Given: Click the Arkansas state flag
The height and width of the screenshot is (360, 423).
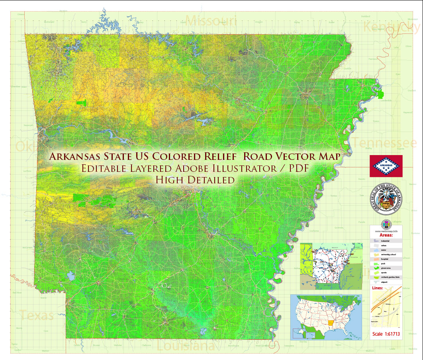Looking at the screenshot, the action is [386, 166].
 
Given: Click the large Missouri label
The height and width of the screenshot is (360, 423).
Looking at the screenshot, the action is [211, 20].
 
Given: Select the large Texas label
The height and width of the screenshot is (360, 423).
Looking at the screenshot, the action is [37, 316].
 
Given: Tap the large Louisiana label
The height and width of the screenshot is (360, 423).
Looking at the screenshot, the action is [186, 346].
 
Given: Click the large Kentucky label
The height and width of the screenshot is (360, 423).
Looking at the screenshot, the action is [392, 27].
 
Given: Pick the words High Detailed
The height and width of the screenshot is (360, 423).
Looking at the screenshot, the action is [195, 180].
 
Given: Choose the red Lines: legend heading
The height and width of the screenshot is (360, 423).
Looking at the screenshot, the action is [377, 287].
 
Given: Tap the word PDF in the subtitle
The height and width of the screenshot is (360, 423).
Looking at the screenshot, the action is [298, 168].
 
